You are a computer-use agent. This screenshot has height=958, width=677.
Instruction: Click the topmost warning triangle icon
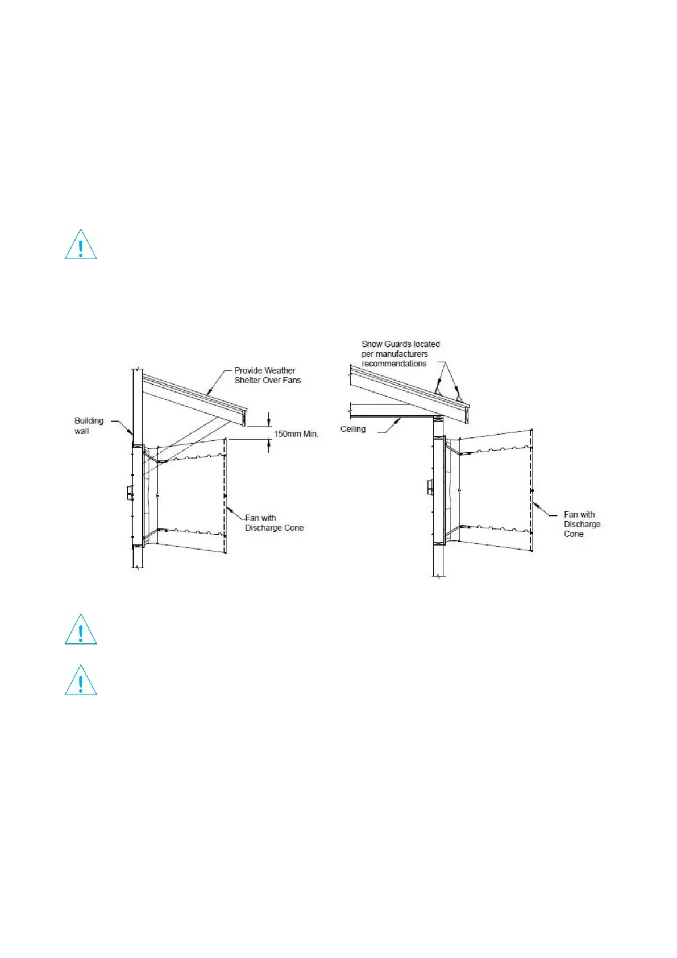81,245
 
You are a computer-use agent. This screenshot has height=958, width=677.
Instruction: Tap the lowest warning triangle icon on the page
81,681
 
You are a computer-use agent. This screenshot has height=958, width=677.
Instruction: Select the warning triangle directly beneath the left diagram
81,630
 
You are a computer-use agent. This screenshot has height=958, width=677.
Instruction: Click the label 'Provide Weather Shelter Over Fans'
267,375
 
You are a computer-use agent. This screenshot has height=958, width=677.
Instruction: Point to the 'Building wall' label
89,426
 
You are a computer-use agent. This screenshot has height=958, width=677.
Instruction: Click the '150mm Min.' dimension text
296,433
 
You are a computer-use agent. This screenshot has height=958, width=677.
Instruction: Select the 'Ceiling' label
352,429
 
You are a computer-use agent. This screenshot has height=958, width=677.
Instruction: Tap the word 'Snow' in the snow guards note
371,344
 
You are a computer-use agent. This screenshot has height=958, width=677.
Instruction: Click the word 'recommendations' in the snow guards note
394,364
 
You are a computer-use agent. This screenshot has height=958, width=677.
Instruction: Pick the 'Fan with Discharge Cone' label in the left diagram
273,523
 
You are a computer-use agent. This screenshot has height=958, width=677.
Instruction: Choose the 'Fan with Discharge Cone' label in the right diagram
582,524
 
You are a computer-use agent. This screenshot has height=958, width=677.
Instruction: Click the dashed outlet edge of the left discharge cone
226,495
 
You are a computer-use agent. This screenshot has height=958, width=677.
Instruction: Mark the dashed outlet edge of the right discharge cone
531,489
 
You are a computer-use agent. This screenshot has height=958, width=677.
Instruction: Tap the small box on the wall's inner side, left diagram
130,493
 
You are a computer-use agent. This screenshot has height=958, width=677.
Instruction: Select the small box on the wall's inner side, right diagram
430,487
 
